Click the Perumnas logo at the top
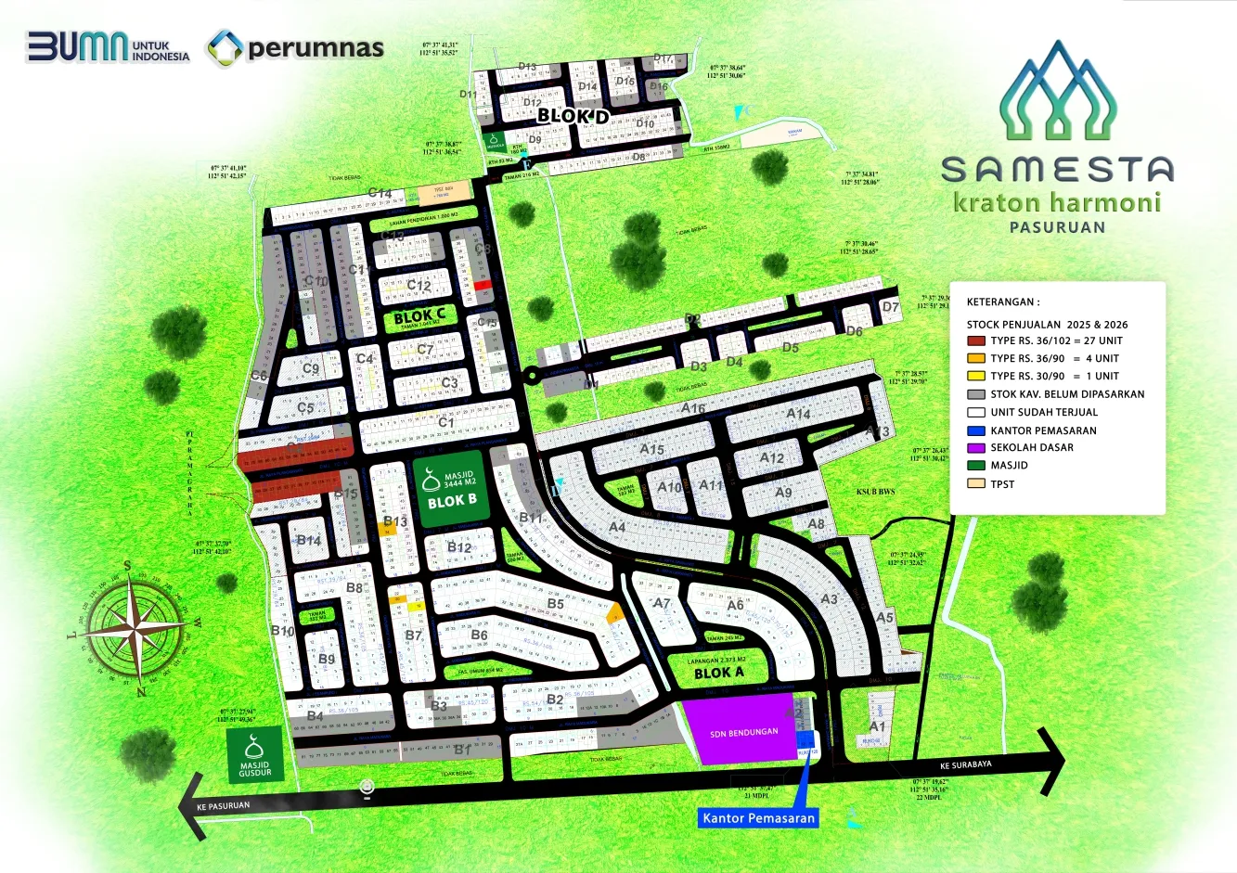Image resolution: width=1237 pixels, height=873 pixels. coord(295,48)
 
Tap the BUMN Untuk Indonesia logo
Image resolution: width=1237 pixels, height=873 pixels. coord(108,46)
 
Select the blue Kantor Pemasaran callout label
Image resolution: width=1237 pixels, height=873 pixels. coord(758,817)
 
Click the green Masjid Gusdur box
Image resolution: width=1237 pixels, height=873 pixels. coord(255,755)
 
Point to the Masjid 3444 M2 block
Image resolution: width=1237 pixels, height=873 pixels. coord(450,489)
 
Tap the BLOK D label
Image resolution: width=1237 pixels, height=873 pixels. coord(573,116)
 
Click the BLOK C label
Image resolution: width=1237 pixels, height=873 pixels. coord(419,315)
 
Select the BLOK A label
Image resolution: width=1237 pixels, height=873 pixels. coord(719,673)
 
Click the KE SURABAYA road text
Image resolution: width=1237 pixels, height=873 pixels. coord(965,765)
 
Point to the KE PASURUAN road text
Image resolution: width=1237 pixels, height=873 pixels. coord(223,805)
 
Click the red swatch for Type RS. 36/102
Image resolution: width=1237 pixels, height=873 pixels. coord(975,340)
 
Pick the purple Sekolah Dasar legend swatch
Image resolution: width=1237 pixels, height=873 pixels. coord(975,447)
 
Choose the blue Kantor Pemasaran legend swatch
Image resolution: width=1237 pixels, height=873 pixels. coord(975,430)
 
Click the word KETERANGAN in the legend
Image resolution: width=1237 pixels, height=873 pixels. coord(1002,302)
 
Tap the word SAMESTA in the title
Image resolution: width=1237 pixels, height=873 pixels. coord(1057,170)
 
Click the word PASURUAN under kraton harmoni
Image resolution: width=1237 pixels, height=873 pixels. coord(1057,227)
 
